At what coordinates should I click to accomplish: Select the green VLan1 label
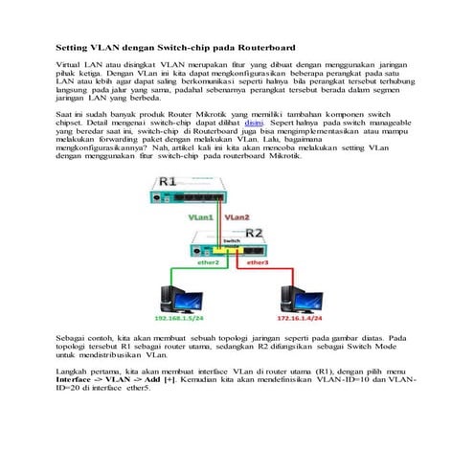(201, 219)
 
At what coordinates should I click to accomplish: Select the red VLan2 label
(237, 219)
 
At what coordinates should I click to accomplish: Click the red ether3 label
(258, 261)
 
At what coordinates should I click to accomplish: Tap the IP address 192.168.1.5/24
(185, 316)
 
